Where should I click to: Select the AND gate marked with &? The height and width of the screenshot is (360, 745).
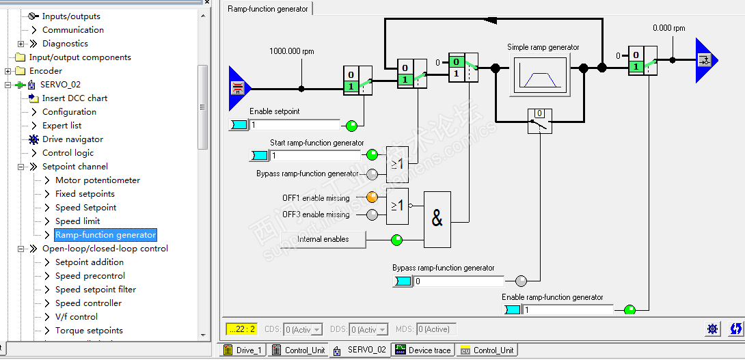click(437, 219)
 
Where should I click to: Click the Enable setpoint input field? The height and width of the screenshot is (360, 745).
click(295, 125)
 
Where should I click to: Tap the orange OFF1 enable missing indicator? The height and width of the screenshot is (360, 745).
click(372, 198)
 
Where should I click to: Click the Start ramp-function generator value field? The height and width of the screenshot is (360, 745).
click(315, 156)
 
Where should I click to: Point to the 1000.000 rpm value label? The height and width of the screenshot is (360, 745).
click(292, 51)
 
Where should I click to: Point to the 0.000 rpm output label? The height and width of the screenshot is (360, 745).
click(668, 29)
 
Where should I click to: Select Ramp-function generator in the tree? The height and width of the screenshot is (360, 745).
click(105, 235)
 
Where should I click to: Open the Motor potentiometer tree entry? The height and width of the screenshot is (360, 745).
click(97, 180)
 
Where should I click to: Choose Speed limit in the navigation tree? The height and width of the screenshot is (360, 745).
click(77, 221)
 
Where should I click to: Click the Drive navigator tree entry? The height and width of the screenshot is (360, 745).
click(72, 139)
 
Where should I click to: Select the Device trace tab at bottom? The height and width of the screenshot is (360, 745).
click(423, 350)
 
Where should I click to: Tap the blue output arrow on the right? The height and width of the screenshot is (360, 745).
click(706, 61)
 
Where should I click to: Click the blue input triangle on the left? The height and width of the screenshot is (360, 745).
click(239, 88)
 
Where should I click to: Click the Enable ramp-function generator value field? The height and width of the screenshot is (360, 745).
click(568, 310)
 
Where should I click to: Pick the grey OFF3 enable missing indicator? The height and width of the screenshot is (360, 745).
click(372, 214)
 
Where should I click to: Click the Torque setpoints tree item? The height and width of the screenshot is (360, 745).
click(89, 331)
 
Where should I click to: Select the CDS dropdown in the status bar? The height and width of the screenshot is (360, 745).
click(302, 329)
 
